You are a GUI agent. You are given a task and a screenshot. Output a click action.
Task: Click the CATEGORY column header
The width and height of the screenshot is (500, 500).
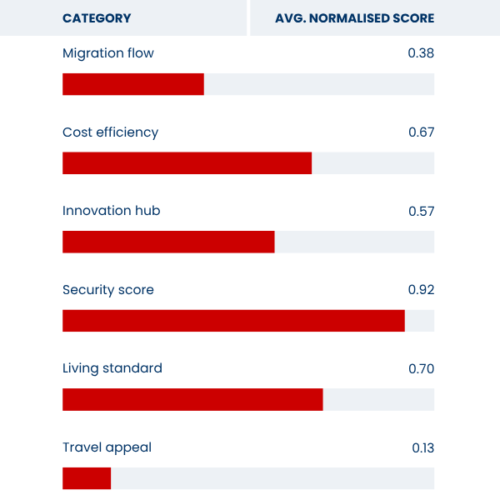pos(97,18)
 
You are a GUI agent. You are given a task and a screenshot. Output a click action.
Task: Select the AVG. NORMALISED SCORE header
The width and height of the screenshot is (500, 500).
pos(354,18)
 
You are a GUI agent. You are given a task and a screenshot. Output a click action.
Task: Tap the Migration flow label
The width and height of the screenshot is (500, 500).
pos(108,53)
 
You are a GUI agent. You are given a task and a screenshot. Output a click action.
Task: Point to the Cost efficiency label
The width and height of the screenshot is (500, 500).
pos(110,132)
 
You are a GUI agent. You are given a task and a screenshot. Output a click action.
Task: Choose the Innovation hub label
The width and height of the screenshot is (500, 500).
pos(111,211)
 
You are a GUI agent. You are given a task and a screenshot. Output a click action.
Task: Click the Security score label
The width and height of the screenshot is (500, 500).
pos(108,290)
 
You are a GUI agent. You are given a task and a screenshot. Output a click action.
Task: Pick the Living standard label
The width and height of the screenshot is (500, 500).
pos(112,368)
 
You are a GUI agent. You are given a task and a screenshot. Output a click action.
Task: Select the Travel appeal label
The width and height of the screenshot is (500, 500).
pos(107,447)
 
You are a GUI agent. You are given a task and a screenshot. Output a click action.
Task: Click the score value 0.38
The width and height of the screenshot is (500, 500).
pos(421,53)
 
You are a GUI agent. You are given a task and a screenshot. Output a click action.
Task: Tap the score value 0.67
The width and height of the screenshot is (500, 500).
pos(421,132)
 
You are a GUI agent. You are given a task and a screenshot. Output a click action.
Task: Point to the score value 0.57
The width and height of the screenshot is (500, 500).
pos(421,211)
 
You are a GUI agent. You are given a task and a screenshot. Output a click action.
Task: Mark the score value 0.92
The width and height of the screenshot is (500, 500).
pos(421,290)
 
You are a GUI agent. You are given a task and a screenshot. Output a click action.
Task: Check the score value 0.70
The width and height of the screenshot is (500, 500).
pos(421,368)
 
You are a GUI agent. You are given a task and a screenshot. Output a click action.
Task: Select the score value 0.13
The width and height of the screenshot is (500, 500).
pos(422,447)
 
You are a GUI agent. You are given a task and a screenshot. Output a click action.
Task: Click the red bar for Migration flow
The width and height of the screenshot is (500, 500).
pos(133,84)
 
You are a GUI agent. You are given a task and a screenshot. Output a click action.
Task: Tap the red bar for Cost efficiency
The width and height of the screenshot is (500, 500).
pos(187,163)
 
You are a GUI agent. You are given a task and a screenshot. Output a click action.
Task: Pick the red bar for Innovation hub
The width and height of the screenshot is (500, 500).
pos(168,242)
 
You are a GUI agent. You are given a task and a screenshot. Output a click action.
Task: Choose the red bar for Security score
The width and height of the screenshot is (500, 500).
pos(233,321)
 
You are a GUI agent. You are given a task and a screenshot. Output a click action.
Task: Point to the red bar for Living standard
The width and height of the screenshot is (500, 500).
pos(192,399)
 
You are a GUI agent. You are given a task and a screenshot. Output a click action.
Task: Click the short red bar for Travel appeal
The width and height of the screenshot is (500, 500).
pos(87,478)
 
